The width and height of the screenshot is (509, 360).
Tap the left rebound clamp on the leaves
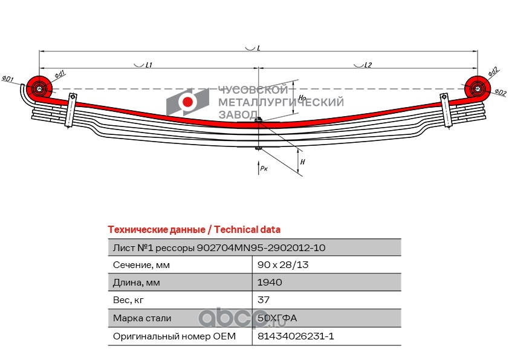tap(71, 110)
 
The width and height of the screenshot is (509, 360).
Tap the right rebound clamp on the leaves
tap(446, 110)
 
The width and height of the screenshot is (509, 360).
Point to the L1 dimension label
tap(149, 65)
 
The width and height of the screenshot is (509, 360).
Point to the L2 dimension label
tap(368, 65)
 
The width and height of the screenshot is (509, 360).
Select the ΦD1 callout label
tap(8, 79)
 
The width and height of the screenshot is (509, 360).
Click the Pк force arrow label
tap(264, 168)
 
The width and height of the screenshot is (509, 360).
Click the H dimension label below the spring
tap(302, 162)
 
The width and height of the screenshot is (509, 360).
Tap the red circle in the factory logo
tap(187, 102)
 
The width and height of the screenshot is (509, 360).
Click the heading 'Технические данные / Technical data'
tap(194, 230)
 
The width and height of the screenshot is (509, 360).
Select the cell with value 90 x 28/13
tap(283, 265)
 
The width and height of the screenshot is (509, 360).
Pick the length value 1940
tap(270, 283)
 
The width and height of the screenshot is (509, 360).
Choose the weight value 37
tap(263, 300)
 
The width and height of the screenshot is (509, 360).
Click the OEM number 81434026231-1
tap(296, 336)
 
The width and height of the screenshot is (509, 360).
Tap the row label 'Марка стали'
tap(142, 318)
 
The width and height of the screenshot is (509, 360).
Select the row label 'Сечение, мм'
tap(141, 265)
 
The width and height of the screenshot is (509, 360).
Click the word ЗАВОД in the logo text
tap(238, 114)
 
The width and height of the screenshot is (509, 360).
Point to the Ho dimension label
tap(302, 97)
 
